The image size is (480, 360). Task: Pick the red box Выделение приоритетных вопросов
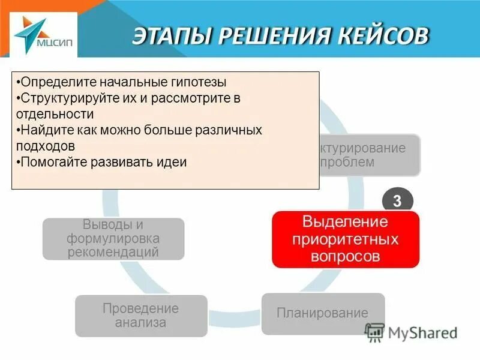coord(345,239)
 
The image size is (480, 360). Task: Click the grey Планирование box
coord(322,313)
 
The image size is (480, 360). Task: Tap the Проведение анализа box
coord(140,316)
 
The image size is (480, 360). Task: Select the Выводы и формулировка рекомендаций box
coord(113,239)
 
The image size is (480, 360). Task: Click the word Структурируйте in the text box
coord(59,98)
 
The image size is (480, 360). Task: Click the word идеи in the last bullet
coord(172,162)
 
